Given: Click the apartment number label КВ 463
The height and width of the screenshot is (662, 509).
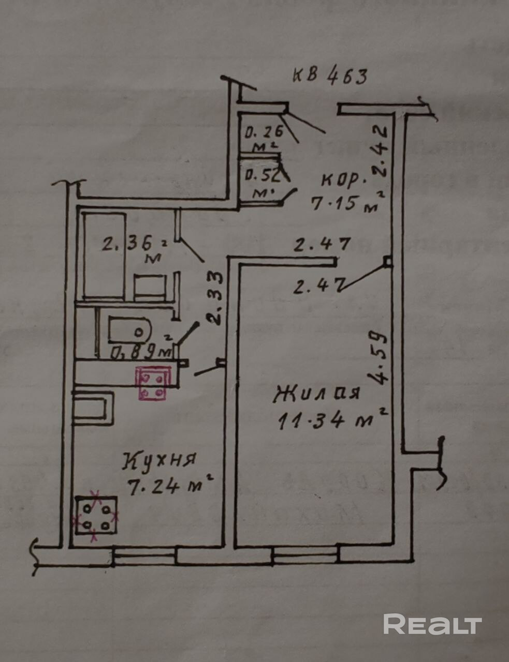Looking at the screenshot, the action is click(x=330, y=76).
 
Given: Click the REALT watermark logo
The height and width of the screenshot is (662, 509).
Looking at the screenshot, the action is click(x=432, y=624).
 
